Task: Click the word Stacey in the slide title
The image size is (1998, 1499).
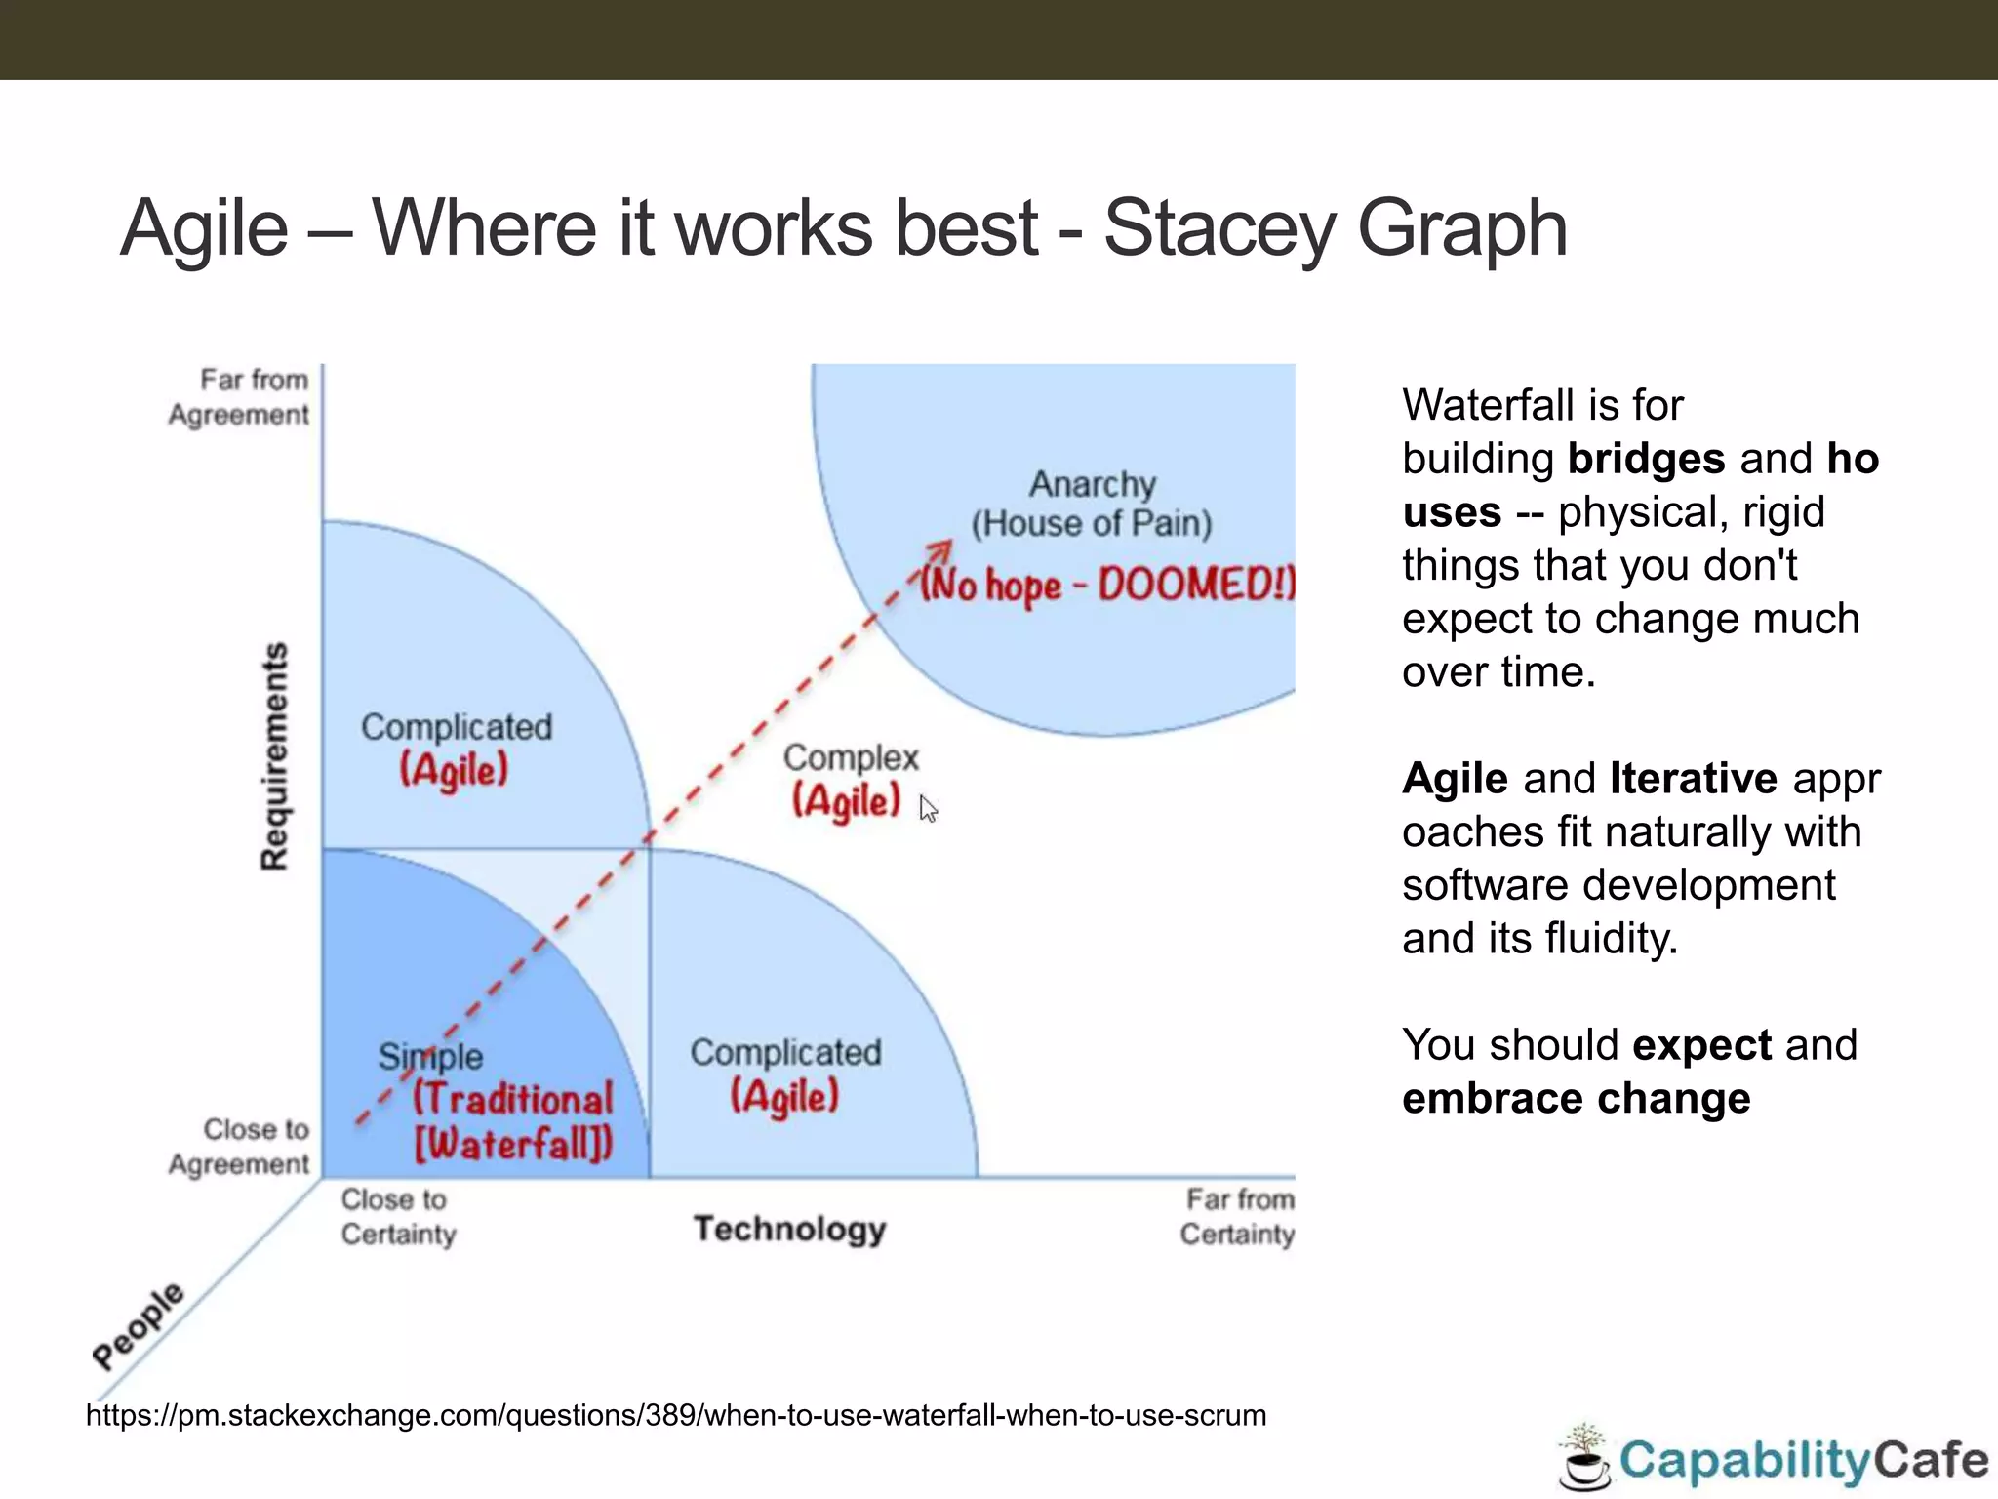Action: point(1219,229)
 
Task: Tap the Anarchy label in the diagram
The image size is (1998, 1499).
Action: point(1092,484)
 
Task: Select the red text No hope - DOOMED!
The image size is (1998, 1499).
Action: point(1108,585)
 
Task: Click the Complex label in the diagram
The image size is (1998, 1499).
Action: point(851,757)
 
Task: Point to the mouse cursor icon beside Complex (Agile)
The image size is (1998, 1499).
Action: point(928,809)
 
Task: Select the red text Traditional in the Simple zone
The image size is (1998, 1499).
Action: point(513,1099)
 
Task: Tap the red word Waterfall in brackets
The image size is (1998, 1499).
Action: point(513,1143)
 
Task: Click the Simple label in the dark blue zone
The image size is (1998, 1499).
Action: point(430,1056)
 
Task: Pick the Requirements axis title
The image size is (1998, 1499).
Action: point(274,756)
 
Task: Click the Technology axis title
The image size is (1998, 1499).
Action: point(789,1229)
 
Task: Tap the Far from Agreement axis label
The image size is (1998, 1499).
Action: point(240,397)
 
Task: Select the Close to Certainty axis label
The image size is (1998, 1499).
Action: point(397,1217)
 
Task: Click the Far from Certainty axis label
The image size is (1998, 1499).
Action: point(1237,1217)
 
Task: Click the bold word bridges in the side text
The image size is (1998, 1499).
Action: point(1646,459)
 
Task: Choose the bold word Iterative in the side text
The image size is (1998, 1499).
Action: point(1693,779)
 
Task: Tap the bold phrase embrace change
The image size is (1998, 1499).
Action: point(1576,1099)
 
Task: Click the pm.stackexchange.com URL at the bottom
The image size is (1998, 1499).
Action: point(675,1415)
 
